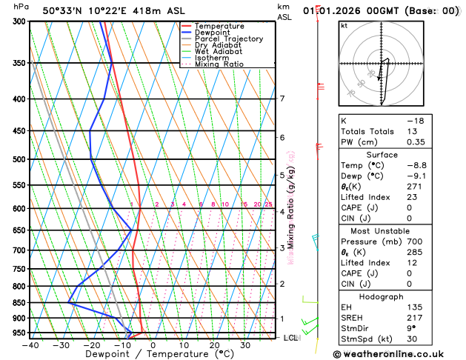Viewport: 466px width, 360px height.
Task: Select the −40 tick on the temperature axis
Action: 30,345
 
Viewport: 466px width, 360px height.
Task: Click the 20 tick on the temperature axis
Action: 214,345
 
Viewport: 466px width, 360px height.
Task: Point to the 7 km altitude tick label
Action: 282,99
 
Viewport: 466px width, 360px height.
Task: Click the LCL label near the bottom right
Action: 291,338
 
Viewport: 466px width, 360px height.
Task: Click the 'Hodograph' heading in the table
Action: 398,296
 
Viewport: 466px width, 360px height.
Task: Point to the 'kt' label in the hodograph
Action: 344,26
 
